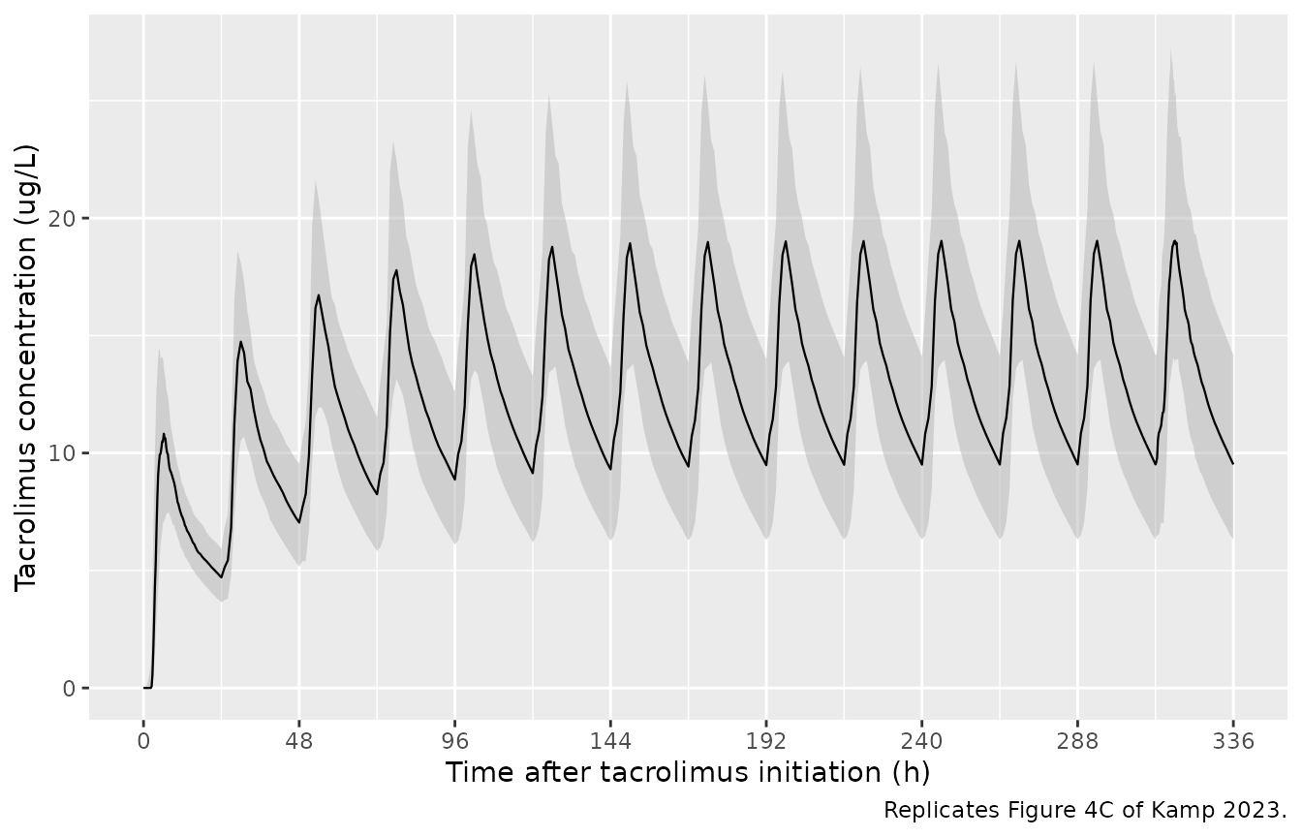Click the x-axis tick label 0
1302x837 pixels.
click(x=143, y=742)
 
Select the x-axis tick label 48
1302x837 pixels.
click(x=298, y=742)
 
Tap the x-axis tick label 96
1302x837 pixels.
click(x=454, y=742)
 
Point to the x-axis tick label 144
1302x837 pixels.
click(x=610, y=742)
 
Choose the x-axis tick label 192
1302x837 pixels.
click(x=766, y=742)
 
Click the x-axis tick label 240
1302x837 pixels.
click(x=922, y=742)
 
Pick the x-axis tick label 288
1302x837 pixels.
click(x=1077, y=742)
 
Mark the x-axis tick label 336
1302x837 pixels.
click(x=1233, y=742)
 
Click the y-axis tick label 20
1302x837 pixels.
click(x=62, y=219)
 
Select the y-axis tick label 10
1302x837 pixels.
click(x=62, y=453)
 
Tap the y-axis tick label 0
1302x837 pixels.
click(x=69, y=689)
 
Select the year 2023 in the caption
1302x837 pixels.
click(x=1251, y=810)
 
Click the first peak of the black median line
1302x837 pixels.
click(x=164, y=434)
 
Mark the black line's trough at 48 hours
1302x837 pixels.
click(x=299, y=522)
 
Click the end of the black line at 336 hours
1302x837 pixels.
click(x=1233, y=464)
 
